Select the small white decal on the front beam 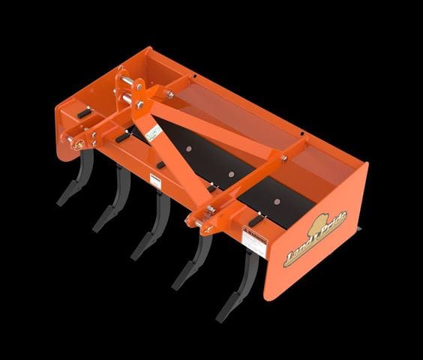[155, 180]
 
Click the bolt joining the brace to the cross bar [283, 157]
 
